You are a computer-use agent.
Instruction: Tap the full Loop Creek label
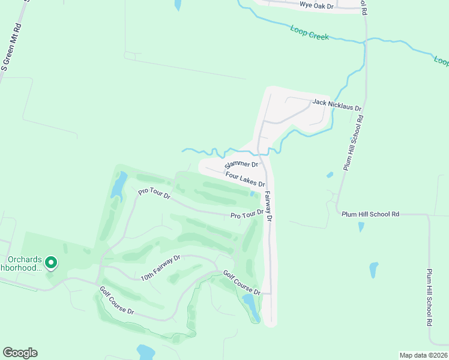(309, 32)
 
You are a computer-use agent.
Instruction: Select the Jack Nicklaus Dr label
(336, 105)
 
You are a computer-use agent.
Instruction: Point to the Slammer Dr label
(241, 164)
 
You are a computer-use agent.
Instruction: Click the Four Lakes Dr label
(245, 179)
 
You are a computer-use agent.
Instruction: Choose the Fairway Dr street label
(268, 206)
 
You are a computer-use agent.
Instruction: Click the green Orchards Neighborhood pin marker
(51, 262)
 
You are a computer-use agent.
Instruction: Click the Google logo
(20, 353)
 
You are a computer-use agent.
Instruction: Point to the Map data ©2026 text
(423, 355)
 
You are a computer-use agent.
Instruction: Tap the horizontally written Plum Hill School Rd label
(370, 214)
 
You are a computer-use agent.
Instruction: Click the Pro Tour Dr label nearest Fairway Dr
(247, 214)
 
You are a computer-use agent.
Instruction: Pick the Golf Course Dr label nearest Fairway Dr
(241, 283)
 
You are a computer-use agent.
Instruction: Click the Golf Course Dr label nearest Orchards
(117, 302)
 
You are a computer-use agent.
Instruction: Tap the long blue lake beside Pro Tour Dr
(118, 184)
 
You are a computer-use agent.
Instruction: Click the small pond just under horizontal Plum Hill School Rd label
(361, 227)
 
